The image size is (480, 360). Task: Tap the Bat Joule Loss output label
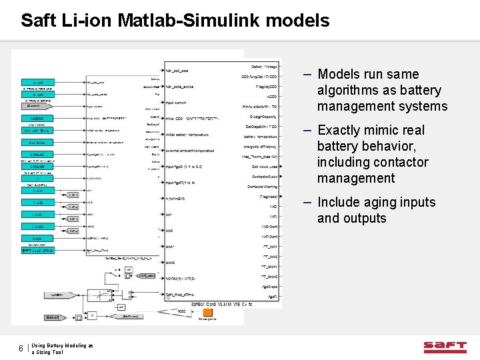tap(264, 167)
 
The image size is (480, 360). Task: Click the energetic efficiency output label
tap(261, 147)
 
